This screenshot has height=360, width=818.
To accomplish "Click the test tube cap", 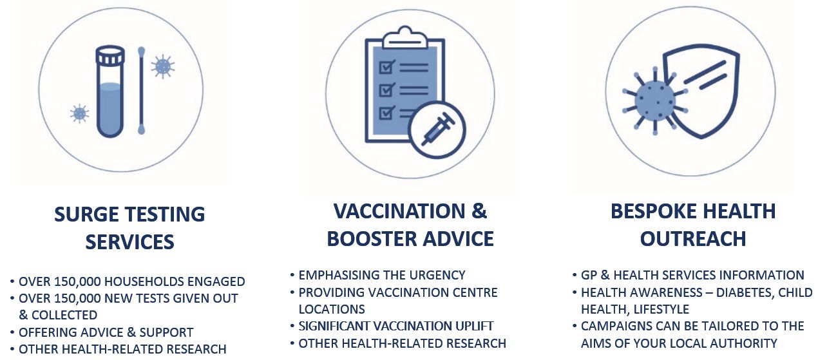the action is (x=110, y=56).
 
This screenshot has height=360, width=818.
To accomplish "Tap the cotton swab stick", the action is (x=141, y=90).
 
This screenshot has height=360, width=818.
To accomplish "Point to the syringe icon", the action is (x=437, y=129).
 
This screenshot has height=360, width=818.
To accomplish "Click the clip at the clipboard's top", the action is (x=404, y=37).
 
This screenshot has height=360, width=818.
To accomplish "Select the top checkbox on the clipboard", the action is (x=386, y=67).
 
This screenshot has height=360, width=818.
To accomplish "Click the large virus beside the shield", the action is (x=655, y=101).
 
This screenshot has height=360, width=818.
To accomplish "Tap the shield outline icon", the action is (x=701, y=91).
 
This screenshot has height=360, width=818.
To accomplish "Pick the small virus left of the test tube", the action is (x=79, y=113).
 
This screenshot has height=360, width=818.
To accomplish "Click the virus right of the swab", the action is (x=163, y=66).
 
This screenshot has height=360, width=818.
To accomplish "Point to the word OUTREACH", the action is (x=693, y=239).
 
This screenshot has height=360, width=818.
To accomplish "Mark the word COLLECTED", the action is (x=64, y=315).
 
